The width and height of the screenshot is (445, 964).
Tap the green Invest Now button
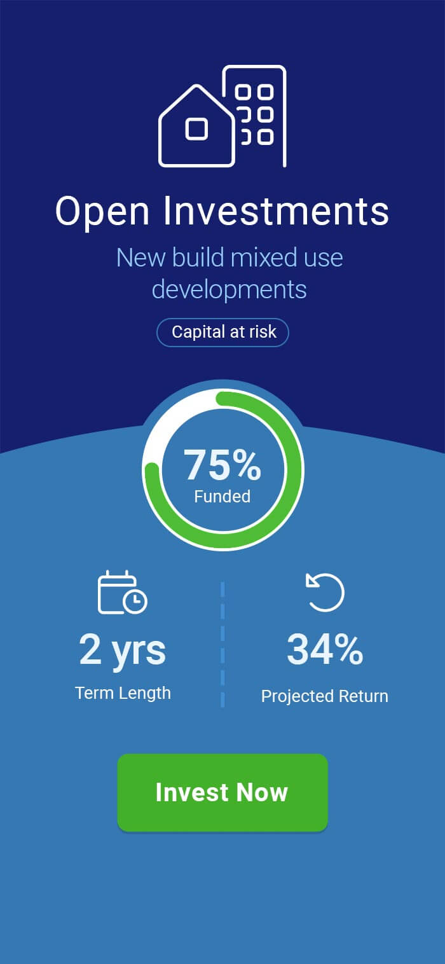pyautogui.click(x=222, y=792)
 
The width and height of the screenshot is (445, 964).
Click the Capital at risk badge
pyautogui.click(x=222, y=332)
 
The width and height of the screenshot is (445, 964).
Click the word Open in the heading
pyautogui.click(x=102, y=212)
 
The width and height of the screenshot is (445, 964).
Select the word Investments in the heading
pyautogui.click(x=277, y=211)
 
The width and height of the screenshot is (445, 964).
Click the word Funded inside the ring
pyautogui.click(x=222, y=497)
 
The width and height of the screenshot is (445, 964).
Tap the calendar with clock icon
pyautogui.click(x=123, y=592)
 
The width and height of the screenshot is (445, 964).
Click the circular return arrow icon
pyautogui.click(x=325, y=592)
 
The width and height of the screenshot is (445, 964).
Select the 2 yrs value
pyautogui.click(x=122, y=650)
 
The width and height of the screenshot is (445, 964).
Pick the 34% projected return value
pyautogui.click(x=325, y=649)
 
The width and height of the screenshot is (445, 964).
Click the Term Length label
pyautogui.click(x=123, y=693)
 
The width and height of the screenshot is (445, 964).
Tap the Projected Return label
pyautogui.click(x=324, y=696)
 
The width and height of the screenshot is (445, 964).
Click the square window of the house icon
pyautogui.click(x=196, y=128)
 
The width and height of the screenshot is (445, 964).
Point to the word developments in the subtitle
pyautogui.click(x=229, y=289)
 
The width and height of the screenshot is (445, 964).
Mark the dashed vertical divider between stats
pyautogui.click(x=222, y=644)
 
